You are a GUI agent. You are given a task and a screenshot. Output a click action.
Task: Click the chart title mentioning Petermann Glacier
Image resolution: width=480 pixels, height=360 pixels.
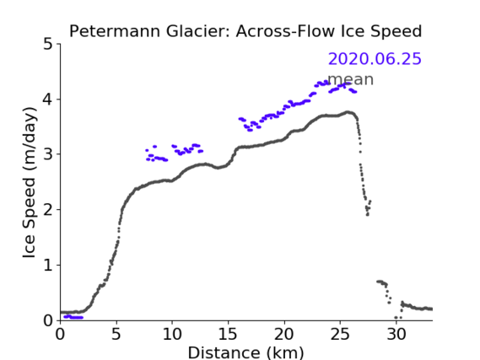pyautogui.click(x=245, y=31)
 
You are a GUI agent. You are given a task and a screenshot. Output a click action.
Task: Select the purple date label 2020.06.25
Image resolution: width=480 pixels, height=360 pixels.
pyautogui.click(x=375, y=59)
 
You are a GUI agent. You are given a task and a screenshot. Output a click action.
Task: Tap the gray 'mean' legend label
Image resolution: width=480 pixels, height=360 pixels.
pyautogui.click(x=351, y=79)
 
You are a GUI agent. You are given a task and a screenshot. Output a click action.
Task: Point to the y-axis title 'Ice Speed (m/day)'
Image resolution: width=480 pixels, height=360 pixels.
pyautogui.click(x=30, y=183)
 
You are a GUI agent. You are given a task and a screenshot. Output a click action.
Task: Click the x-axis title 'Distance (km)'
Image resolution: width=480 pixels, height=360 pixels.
pyautogui.click(x=245, y=352)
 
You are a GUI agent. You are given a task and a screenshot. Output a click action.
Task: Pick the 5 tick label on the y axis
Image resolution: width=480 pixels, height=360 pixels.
pyautogui.click(x=48, y=45)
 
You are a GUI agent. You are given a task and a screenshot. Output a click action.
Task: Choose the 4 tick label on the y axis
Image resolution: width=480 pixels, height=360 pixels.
pyautogui.click(x=48, y=99)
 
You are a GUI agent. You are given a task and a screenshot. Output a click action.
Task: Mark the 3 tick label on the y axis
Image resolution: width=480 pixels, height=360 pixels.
pyautogui.click(x=48, y=154)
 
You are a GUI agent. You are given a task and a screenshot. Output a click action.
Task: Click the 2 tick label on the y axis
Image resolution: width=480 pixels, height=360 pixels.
pyautogui.click(x=48, y=210)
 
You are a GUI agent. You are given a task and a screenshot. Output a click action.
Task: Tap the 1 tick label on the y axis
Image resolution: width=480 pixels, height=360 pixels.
pyautogui.click(x=48, y=266)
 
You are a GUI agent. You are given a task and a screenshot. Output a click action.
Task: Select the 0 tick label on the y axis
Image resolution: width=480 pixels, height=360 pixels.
pyautogui.click(x=48, y=320)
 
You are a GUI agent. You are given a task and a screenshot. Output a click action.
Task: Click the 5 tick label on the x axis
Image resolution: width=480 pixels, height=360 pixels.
pyautogui.click(x=116, y=335)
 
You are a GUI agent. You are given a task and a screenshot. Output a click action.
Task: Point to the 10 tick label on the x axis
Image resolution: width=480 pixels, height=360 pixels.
pyautogui.click(x=172, y=335)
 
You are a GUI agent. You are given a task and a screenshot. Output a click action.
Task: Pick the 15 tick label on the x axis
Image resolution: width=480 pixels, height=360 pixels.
pyautogui.click(x=228, y=335)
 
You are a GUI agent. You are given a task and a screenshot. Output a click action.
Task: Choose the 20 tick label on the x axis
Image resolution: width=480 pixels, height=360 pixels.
pyautogui.click(x=284, y=335)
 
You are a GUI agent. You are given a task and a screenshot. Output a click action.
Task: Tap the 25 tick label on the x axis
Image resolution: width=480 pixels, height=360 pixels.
pyautogui.click(x=340, y=335)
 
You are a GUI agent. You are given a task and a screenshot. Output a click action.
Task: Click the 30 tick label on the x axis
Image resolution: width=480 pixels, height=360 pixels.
pyautogui.click(x=396, y=335)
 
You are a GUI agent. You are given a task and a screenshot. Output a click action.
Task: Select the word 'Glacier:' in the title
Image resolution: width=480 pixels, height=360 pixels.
pyautogui.click(x=199, y=31)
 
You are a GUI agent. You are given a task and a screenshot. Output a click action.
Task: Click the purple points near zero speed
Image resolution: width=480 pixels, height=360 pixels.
pyautogui.click(x=73, y=317)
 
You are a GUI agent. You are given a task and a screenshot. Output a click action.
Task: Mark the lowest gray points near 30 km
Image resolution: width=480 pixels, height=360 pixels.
pyautogui.click(x=398, y=318)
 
